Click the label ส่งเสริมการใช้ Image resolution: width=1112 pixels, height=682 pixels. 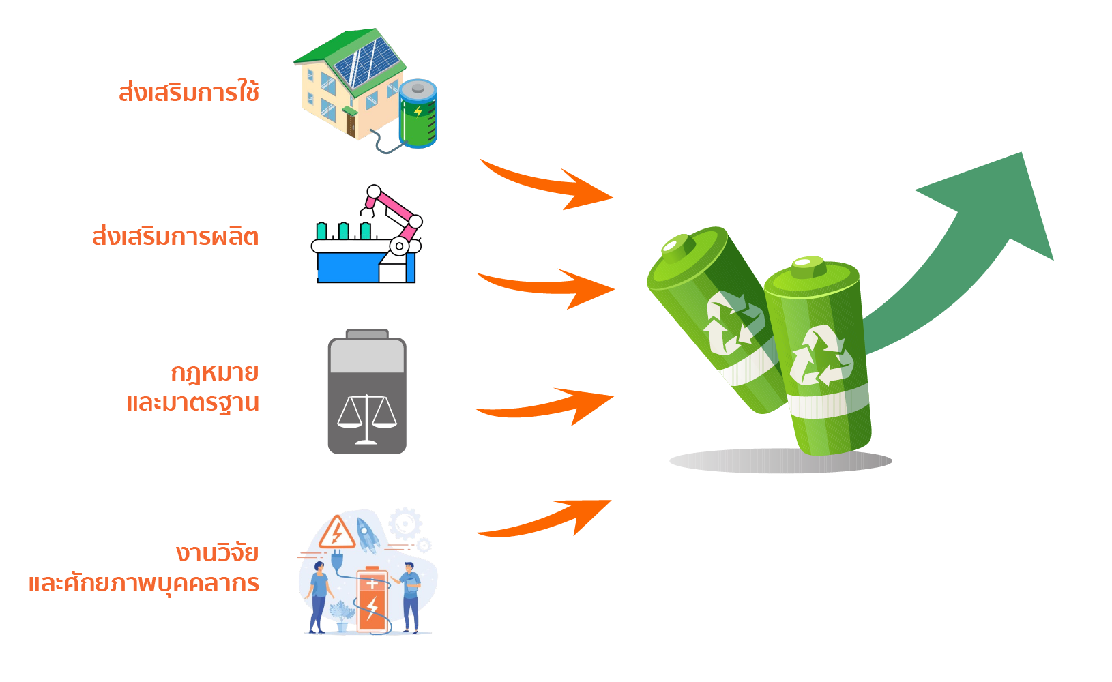click(x=189, y=92)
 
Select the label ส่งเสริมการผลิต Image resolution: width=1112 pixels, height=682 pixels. click(x=175, y=237)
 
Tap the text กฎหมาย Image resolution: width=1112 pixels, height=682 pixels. click(x=214, y=373)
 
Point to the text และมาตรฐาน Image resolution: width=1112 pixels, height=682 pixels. click(x=193, y=403)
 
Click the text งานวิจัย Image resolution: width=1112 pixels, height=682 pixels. click(x=217, y=552)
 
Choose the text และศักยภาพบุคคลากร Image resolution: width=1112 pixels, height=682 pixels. click(x=144, y=584)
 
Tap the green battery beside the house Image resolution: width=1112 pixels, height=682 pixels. click(x=418, y=114)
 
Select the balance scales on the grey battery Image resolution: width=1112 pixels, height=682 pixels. click(x=367, y=417)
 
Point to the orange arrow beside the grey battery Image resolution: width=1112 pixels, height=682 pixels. click(x=546, y=406)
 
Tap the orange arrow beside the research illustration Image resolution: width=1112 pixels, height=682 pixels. click(x=546, y=518)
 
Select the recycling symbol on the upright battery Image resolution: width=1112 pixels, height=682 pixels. click(x=821, y=356)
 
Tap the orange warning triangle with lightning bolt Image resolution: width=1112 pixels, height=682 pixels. click(x=337, y=533)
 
